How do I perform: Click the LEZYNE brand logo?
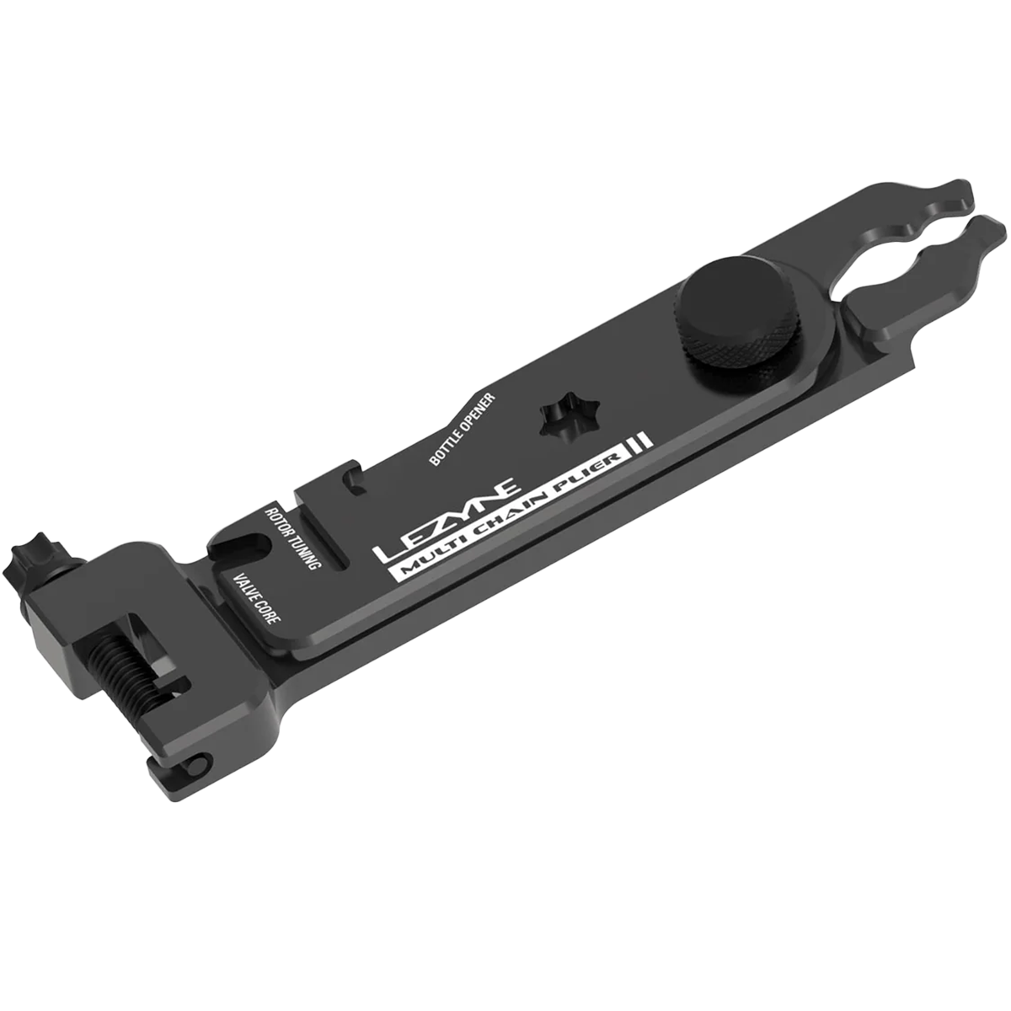447,519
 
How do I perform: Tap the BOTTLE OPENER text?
462,429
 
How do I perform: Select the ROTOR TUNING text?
292,538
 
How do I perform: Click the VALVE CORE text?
257,599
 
